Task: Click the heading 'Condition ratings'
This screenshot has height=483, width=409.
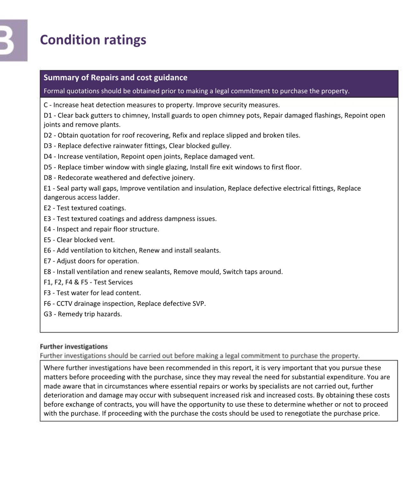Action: [x=93, y=40]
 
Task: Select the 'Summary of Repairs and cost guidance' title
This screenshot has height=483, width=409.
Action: [x=115, y=78]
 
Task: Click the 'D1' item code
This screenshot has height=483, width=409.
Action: [x=47, y=115]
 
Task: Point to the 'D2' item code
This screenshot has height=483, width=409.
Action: [x=47, y=135]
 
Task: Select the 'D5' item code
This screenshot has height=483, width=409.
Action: [x=47, y=167]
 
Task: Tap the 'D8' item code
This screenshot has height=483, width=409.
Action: [x=47, y=178]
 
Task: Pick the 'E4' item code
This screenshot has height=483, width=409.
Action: [x=47, y=229]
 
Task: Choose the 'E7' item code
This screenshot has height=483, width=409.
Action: [x=47, y=261]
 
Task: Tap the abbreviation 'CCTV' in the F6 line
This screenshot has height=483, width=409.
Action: [x=64, y=304]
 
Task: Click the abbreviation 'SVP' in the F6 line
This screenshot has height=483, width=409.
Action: [x=198, y=304]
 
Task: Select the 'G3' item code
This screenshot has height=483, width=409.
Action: [x=47, y=314]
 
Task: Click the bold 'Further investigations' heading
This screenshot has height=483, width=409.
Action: [x=74, y=347]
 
